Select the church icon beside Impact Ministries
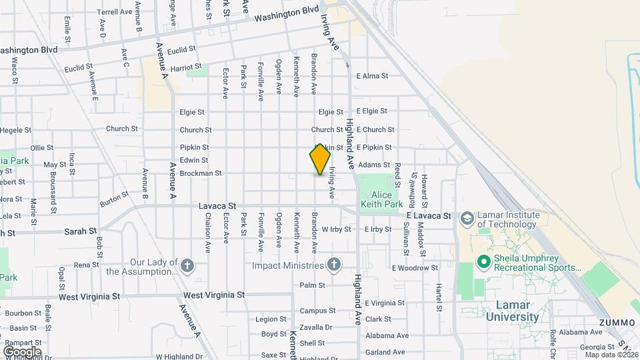click(x=335, y=266)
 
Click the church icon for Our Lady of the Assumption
click(x=188, y=266)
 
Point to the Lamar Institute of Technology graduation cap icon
click(x=467, y=218)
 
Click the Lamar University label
click(x=517, y=311)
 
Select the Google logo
click(x=22, y=351)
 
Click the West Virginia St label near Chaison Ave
click(x=214, y=295)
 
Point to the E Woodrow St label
click(x=415, y=268)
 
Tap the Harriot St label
click(x=185, y=67)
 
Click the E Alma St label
click(x=372, y=76)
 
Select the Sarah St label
click(x=81, y=231)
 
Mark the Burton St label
click(x=114, y=197)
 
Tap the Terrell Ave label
click(x=115, y=12)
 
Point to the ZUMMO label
click(x=617, y=323)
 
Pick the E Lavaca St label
click(x=429, y=216)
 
